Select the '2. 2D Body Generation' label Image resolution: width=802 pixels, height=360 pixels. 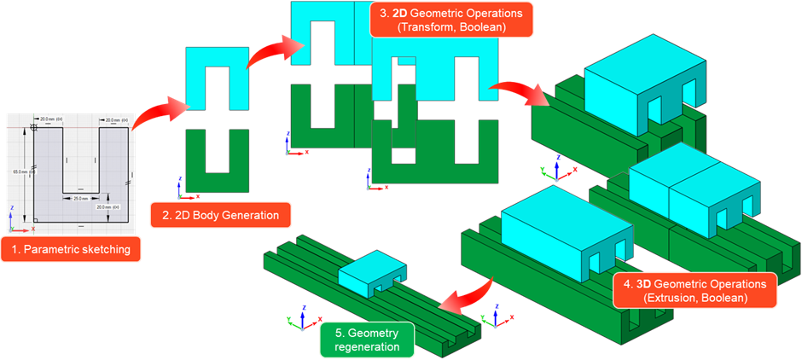220,214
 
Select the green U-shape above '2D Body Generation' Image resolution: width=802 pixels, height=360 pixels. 217,159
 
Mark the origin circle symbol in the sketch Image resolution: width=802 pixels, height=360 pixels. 33,127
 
